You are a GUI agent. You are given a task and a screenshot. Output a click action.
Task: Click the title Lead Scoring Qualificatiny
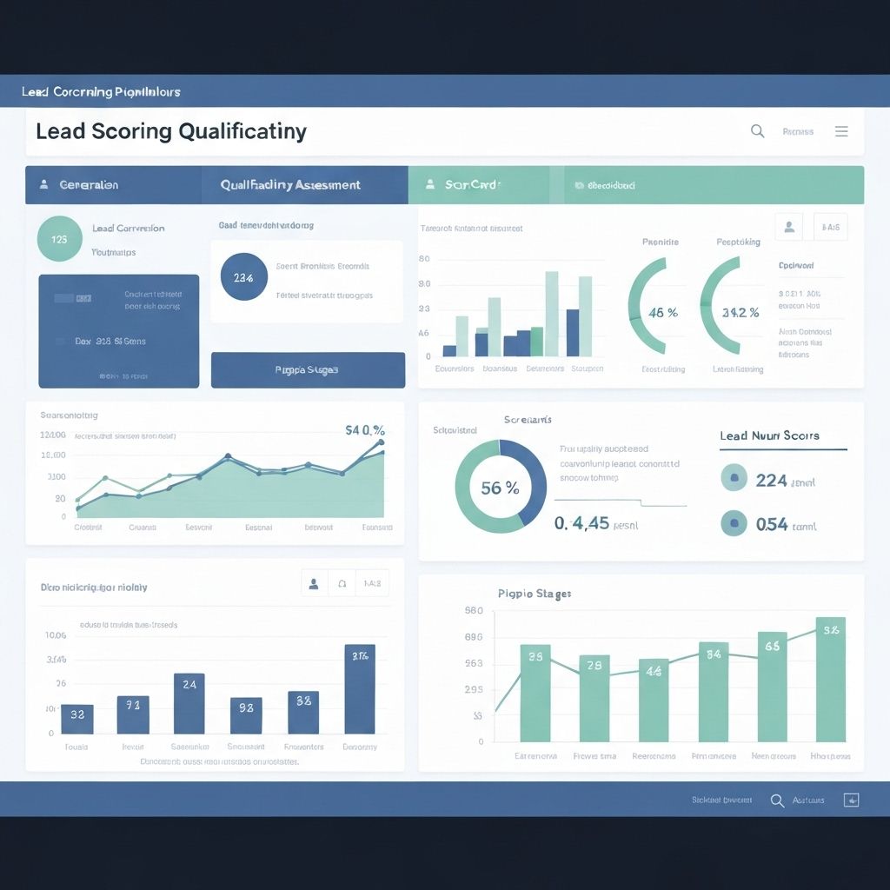(x=171, y=131)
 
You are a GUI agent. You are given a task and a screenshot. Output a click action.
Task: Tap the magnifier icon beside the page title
(x=757, y=131)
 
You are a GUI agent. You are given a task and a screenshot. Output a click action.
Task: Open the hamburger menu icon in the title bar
(x=841, y=131)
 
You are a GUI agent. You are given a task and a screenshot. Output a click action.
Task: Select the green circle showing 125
(x=60, y=239)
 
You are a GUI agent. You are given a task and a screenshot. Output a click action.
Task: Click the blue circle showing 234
(x=244, y=277)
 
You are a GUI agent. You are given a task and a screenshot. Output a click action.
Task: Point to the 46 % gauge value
(x=663, y=312)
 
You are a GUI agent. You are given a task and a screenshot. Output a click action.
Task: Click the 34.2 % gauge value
(x=741, y=312)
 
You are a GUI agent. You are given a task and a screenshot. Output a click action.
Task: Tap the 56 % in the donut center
(x=500, y=488)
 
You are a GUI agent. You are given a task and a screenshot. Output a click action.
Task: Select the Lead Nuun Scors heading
(x=769, y=435)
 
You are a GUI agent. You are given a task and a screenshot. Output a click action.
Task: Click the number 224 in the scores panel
(x=771, y=480)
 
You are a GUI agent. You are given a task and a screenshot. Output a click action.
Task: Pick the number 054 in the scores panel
(x=771, y=524)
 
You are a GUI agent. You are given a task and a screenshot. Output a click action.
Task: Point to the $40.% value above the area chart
(x=365, y=429)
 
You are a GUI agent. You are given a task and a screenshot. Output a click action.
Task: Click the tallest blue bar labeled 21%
(x=360, y=688)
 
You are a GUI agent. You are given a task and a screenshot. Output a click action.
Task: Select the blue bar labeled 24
(x=189, y=703)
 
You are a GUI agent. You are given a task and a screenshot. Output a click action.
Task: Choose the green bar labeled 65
(x=772, y=686)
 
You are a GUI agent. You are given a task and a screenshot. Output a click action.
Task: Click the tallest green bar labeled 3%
(x=830, y=679)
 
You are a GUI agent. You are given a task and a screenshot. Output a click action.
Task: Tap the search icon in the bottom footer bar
(x=777, y=800)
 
